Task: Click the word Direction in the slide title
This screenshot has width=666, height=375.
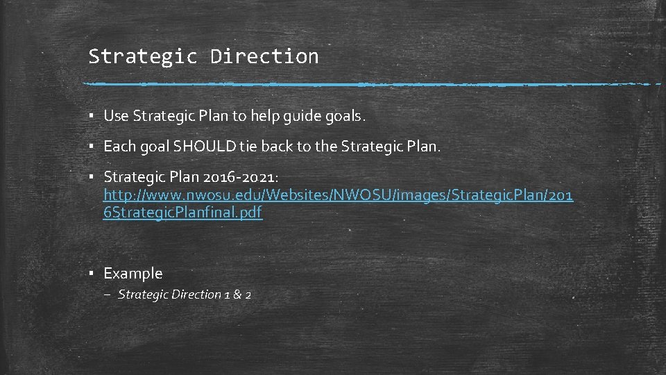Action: pyautogui.click(x=264, y=56)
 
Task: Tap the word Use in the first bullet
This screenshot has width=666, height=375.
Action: pyautogui.click(x=116, y=116)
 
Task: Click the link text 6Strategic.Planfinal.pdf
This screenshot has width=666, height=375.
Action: pyautogui.click(x=182, y=212)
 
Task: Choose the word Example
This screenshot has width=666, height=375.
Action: pyautogui.click(x=133, y=274)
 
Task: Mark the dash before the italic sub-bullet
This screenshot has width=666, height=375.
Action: pyautogui.click(x=110, y=294)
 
